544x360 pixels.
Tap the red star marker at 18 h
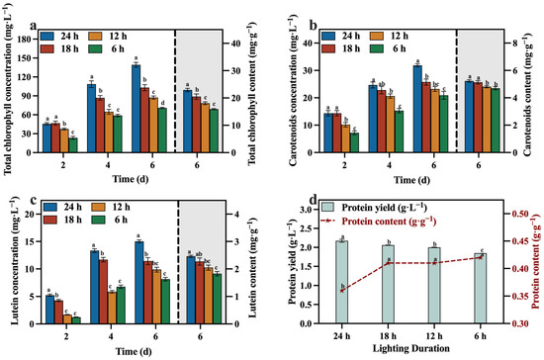pyautogui.click(x=388, y=262)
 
